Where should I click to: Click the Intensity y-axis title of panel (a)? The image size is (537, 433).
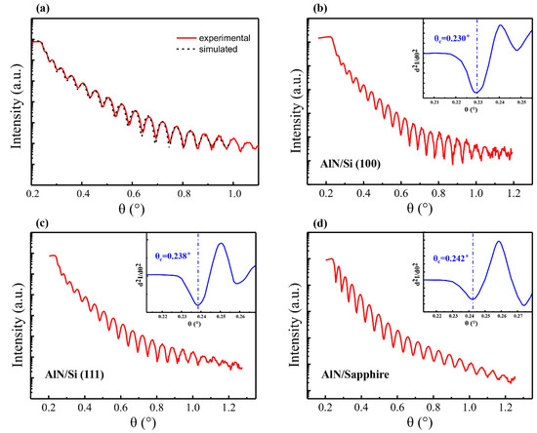click(13, 107)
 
